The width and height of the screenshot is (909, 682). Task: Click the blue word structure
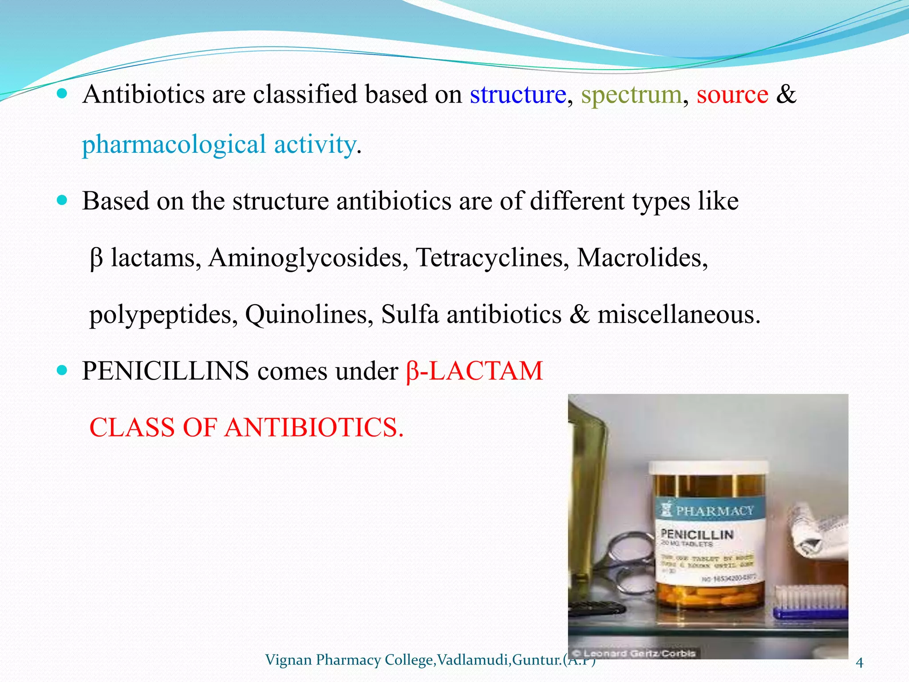coord(518,95)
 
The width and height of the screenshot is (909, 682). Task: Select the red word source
coord(732,95)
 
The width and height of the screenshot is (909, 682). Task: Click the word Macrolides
coord(642,258)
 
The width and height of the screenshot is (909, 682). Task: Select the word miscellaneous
coord(679,314)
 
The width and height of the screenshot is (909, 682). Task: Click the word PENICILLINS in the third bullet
coord(166,371)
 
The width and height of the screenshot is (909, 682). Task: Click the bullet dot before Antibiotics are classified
coord(62,94)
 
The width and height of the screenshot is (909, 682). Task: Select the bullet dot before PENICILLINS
coord(62,370)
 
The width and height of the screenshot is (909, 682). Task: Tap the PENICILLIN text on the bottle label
coord(697,534)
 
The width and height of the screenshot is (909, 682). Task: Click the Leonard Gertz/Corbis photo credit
coord(635,653)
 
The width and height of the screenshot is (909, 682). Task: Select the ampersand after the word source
coord(786,95)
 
